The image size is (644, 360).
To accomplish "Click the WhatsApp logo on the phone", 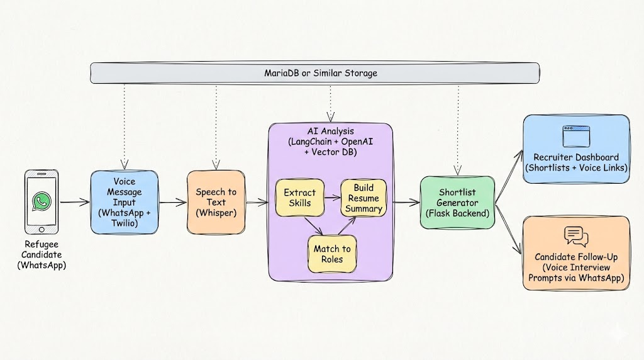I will pyautogui.click(x=42, y=201).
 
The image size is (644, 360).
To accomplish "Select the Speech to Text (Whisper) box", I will pyautogui.click(x=215, y=202).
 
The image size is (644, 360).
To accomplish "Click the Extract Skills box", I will pyautogui.click(x=299, y=198).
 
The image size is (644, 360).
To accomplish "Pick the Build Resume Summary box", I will pyautogui.click(x=364, y=198).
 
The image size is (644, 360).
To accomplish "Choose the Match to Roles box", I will pyautogui.click(x=331, y=254).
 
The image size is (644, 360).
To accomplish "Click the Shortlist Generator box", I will pyautogui.click(x=457, y=202).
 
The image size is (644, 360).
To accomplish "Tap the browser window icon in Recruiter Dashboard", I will pyautogui.click(x=575, y=136).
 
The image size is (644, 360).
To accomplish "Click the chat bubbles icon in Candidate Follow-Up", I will pyautogui.click(x=576, y=236).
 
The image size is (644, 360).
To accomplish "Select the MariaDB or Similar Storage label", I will pyautogui.click(x=321, y=73).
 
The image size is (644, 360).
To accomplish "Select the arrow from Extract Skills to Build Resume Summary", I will pyautogui.click(x=331, y=197).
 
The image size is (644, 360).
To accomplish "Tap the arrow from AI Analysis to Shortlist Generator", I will pyautogui.click(x=407, y=202).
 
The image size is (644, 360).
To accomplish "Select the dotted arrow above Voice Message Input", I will pyautogui.click(x=124, y=126).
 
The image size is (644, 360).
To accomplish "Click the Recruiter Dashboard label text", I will pyautogui.click(x=575, y=157).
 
